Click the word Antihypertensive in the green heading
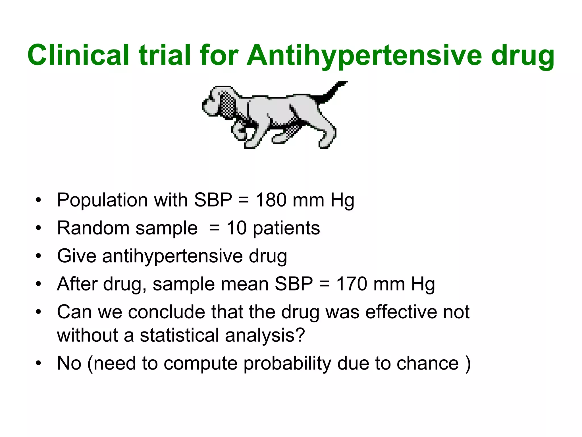[x=364, y=55]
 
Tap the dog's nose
[x=204, y=106]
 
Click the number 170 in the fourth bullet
[x=352, y=284]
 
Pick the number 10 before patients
[x=236, y=228]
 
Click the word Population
[x=102, y=200]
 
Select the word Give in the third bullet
[x=76, y=256]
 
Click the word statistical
[x=179, y=335]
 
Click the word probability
[x=287, y=364]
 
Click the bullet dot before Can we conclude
[x=38, y=312]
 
